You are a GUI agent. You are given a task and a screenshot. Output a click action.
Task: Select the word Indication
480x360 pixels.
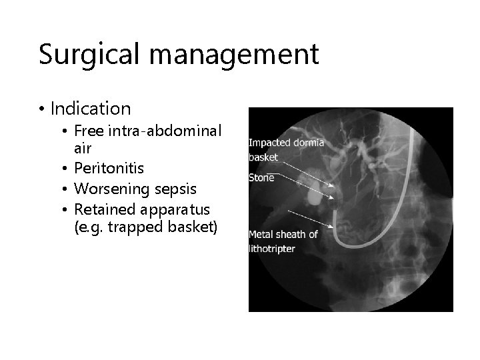coord(91,108)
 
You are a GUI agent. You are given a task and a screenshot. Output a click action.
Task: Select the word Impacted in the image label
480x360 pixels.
coord(269,142)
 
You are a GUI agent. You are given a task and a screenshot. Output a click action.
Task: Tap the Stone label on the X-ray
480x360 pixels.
coord(261,178)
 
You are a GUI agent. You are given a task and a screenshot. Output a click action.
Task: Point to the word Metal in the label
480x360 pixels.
coord(261,234)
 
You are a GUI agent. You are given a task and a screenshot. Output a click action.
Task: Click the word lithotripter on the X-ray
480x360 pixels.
coord(272,248)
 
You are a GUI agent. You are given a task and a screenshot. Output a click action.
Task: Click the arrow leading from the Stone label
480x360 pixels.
coord(303,185)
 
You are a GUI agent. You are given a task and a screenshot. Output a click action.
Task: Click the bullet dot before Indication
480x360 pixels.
coord(42,109)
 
